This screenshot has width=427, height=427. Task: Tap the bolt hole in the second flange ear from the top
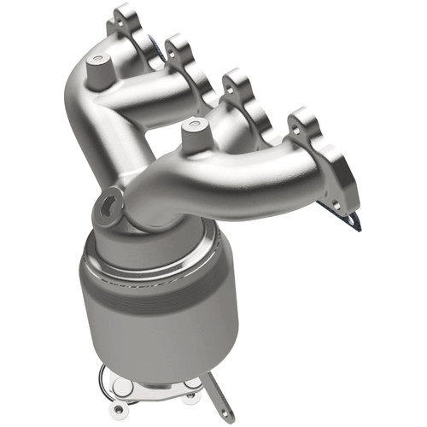click(x=176, y=44)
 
